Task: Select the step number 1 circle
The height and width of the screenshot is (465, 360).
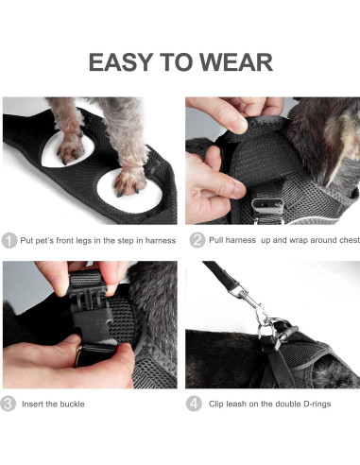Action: pos(9,240)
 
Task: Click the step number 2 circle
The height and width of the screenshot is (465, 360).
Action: pos(196,240)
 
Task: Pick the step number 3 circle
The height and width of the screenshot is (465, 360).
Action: pos(9,405)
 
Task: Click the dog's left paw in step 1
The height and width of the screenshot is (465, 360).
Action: pos(70,148)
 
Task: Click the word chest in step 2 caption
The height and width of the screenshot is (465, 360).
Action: pos(345,240)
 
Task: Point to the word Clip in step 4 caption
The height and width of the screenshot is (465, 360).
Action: pos(216,405)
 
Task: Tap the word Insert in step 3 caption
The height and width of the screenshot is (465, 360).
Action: pos(34,405)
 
